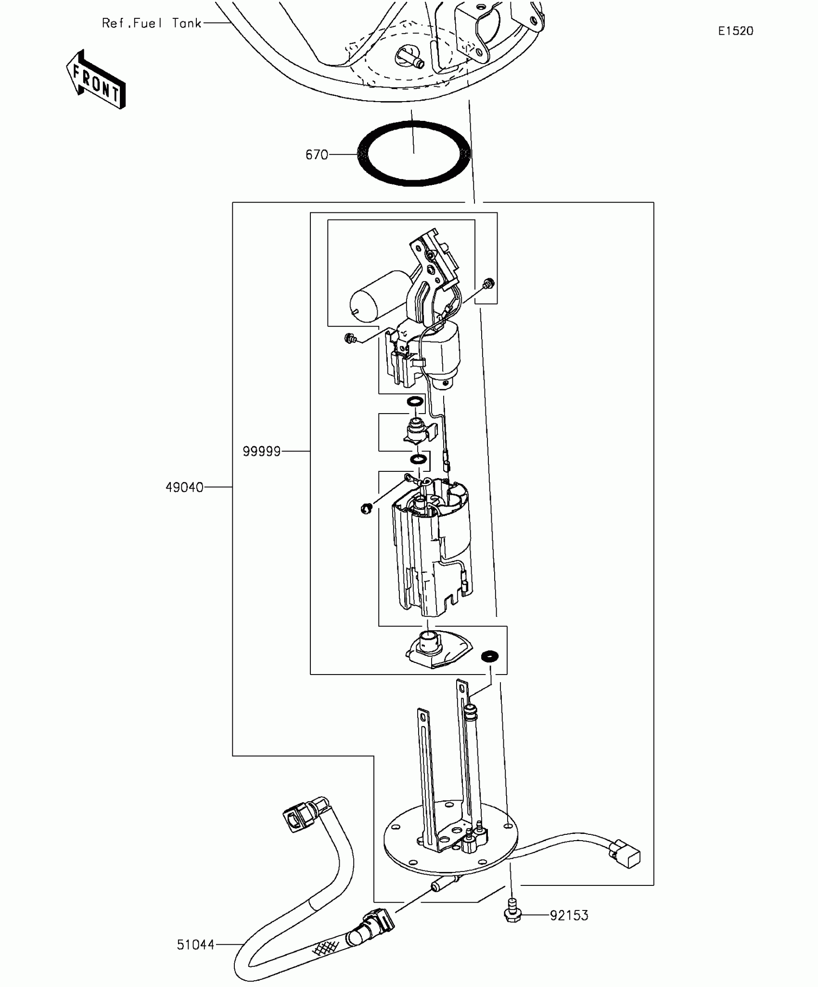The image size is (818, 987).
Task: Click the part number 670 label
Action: pos(317,155)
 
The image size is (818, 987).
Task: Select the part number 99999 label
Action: pos(261,452)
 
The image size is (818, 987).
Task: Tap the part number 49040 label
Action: pos(184,488)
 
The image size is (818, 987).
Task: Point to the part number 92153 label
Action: pos(569,915)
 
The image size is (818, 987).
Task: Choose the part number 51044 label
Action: pos(195,945)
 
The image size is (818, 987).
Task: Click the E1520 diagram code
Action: pos(735,31)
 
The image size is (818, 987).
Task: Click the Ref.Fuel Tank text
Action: pos(152,24)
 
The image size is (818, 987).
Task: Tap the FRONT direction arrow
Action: pos(96,79)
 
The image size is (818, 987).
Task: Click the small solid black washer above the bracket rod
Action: pos(490,656)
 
